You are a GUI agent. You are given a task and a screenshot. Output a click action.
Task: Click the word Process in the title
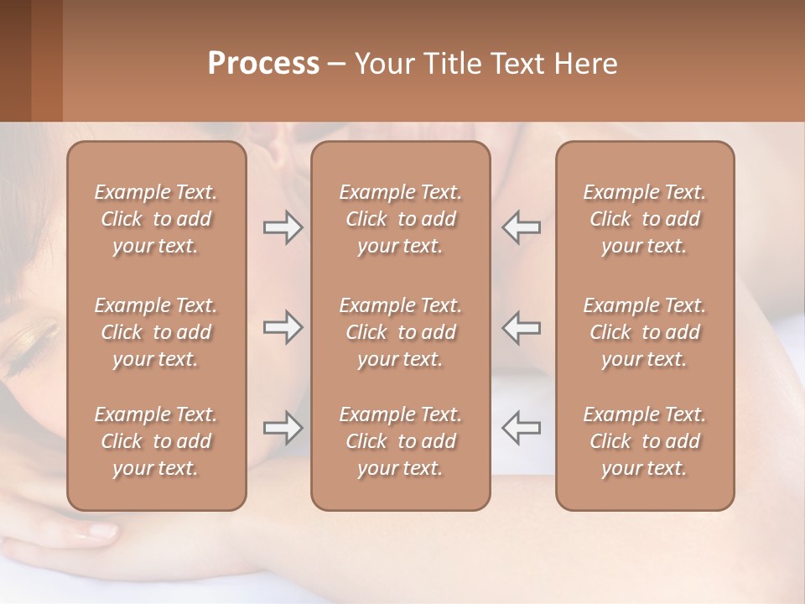(x=263, y=64)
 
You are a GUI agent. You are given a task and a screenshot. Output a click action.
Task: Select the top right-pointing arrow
(x=283, y=227)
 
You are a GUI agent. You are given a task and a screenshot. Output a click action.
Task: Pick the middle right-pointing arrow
(x=283, y=327)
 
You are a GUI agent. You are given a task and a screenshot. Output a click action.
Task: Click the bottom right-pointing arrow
(x=283, y=428)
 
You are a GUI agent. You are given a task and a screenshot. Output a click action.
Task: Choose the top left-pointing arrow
(x=521, y=227)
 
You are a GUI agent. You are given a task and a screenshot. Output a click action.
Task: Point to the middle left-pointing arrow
(x=521, y=327)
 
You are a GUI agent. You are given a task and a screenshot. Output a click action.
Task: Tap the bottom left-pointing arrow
(x=521, y=428)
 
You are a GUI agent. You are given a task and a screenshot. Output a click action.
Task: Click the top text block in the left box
(x=156, y=219)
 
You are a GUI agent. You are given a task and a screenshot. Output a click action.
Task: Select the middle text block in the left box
(x=156, y=332)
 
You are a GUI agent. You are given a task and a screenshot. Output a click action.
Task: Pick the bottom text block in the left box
(x=156, y=441)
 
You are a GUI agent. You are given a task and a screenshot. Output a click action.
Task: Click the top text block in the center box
(x=400, y=219)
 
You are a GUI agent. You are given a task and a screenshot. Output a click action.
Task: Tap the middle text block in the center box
(x=400, y=332)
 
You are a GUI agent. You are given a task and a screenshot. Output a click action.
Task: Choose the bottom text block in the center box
(x=400, y=441)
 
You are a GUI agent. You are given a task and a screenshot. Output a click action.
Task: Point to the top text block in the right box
(x=644, y=219)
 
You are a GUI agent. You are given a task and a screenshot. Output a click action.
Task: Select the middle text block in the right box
(x=644, y=332)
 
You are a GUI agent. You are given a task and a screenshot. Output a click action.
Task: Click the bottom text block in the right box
(x=644, y=441)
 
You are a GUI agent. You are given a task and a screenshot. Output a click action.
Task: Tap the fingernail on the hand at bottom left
(x=101, y=530)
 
